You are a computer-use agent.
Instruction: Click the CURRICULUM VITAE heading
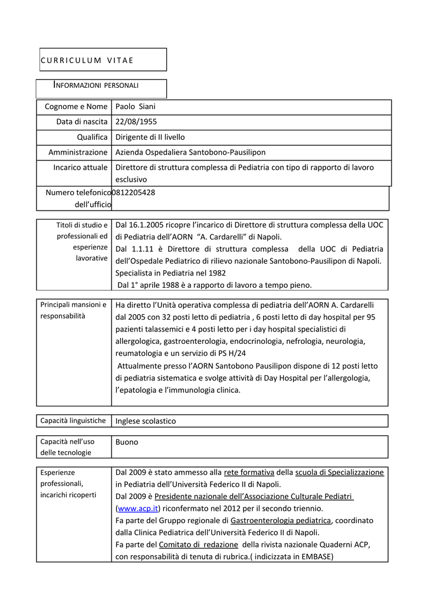pos(87,60)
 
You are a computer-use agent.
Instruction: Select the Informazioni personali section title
pos(96,86)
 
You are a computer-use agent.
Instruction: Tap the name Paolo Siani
pos(135,107)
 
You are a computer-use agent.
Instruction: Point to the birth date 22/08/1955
pos(136,122)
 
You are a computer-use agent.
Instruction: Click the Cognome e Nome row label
pos(76,107)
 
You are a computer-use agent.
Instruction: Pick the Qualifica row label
pos(91,137)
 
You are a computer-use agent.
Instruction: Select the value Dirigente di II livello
pos(150,137)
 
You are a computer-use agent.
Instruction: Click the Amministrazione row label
pos(78,152)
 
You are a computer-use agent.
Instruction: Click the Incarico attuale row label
pos(80,168)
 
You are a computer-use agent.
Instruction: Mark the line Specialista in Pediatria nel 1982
pos(170,273)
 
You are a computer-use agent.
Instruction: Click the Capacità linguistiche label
pos(73,421)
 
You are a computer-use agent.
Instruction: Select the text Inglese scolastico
pos(145,421)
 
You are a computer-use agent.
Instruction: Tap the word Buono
pos(126,442)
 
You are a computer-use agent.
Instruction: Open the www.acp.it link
pos(138,508)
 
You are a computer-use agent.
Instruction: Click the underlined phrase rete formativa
pos(249,472)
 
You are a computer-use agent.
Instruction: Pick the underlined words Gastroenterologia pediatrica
pos(281,520)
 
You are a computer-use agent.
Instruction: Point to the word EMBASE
pos(316,556)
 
